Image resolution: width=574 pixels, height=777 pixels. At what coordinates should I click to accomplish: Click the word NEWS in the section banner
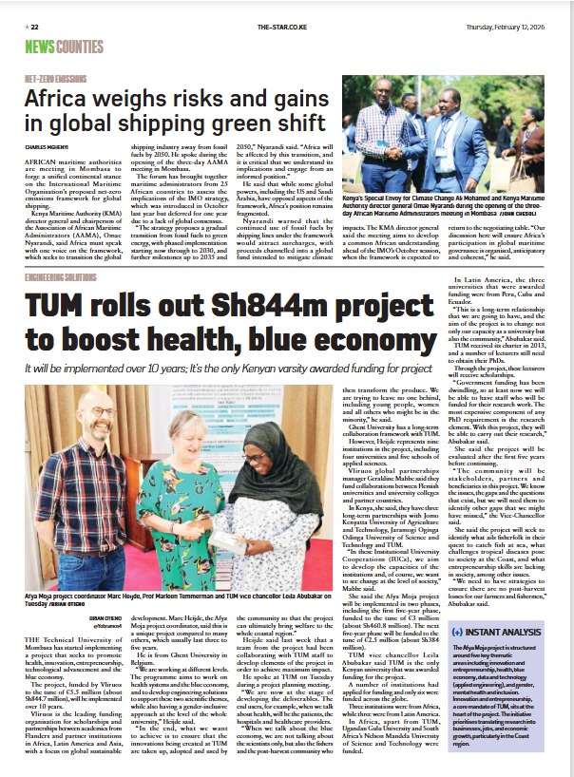[x=40, y=46]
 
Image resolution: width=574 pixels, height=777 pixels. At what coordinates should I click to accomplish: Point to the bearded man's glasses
[x=86, y=439]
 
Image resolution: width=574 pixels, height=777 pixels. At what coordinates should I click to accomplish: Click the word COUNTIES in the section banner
[x=79, y=46]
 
